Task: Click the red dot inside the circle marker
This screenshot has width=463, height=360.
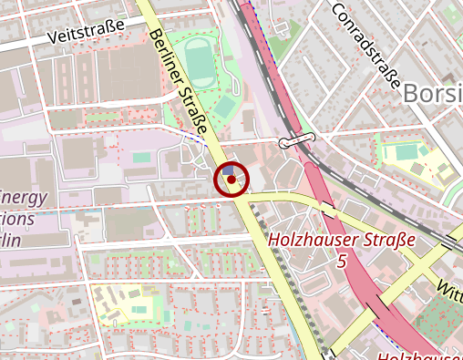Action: point(231,180)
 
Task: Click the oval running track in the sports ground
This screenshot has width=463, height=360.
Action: point(198,61)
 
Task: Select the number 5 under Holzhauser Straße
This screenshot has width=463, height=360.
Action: point(342,262)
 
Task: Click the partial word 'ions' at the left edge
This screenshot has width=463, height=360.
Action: point(17,220)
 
